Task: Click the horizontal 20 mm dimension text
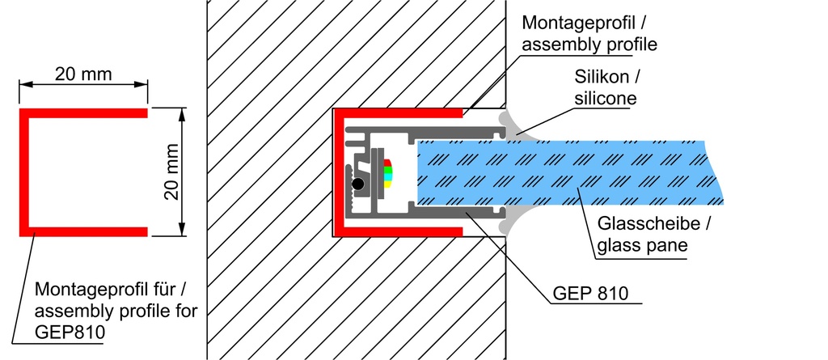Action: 83,74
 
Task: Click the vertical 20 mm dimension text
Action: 172,172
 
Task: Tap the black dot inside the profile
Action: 358,184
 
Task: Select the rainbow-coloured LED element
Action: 387,173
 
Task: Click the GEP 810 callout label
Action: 590,294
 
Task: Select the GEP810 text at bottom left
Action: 70,332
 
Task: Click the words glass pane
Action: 642,246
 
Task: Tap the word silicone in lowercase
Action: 606,99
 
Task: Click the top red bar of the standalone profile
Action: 83,113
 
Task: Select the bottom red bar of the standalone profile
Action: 83,231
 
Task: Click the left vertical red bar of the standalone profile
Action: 24,172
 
